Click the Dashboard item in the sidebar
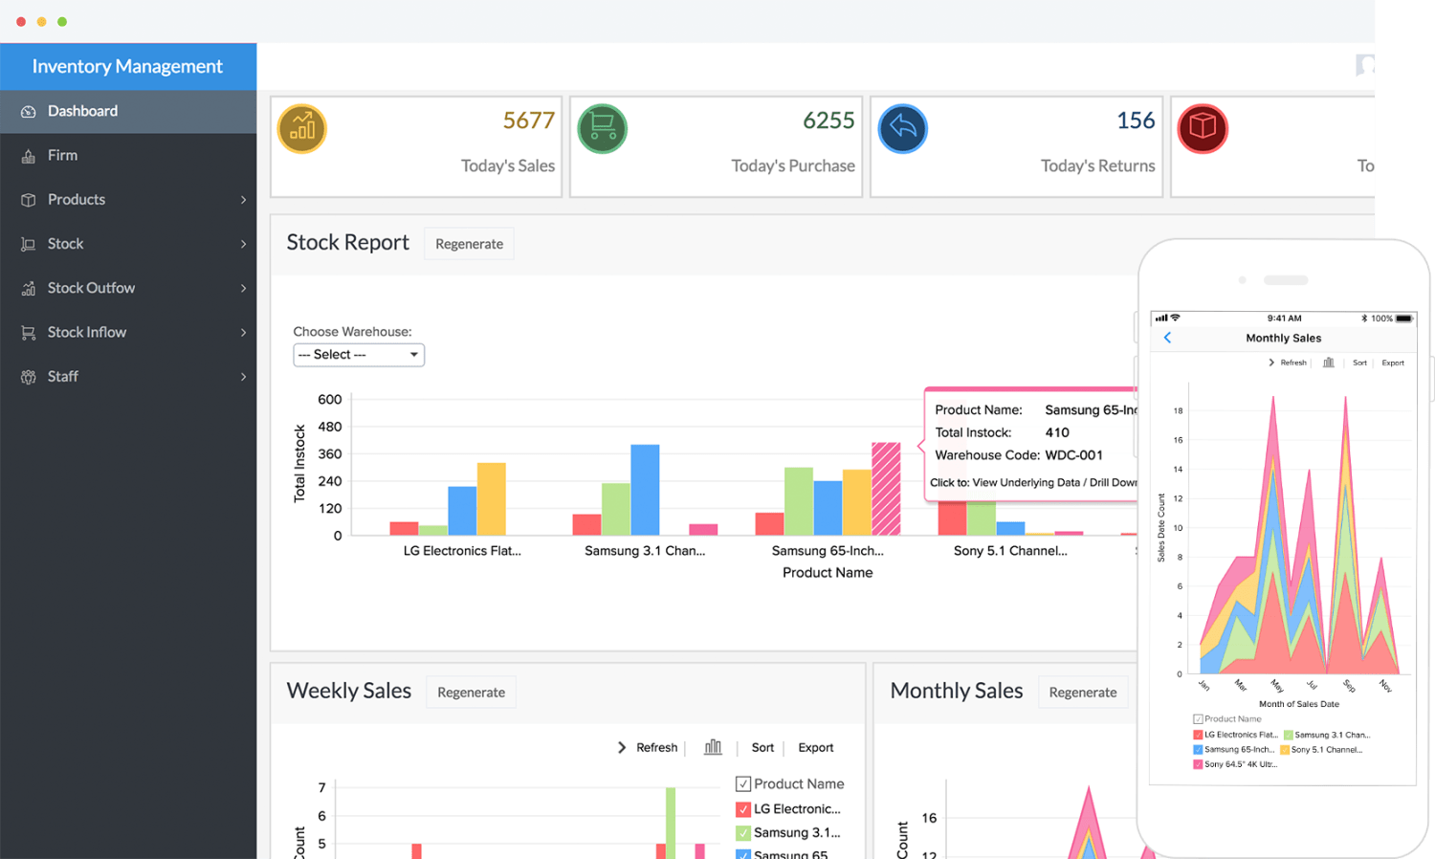coord(82,111)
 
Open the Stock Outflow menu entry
coord(91,288)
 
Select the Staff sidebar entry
coord(63,377)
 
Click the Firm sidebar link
coord(63,155)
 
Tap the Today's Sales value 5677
coord(528,121)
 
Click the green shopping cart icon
coord(603,128)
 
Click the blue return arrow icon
coord(902,128)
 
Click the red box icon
coord(1203,128)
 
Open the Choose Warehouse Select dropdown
coord(359,355)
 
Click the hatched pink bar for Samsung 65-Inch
coord(886,489)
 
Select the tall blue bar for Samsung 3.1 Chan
coord(645,490)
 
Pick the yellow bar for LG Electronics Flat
coord(492,499)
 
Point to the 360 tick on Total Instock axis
coord(330,454)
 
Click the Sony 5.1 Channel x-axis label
coord(1010,551)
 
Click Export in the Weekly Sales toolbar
coord(815,748)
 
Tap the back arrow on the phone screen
coord(1167,338)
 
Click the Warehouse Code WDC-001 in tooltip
coord(1073,455)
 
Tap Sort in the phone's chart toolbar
coord(1359,363)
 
